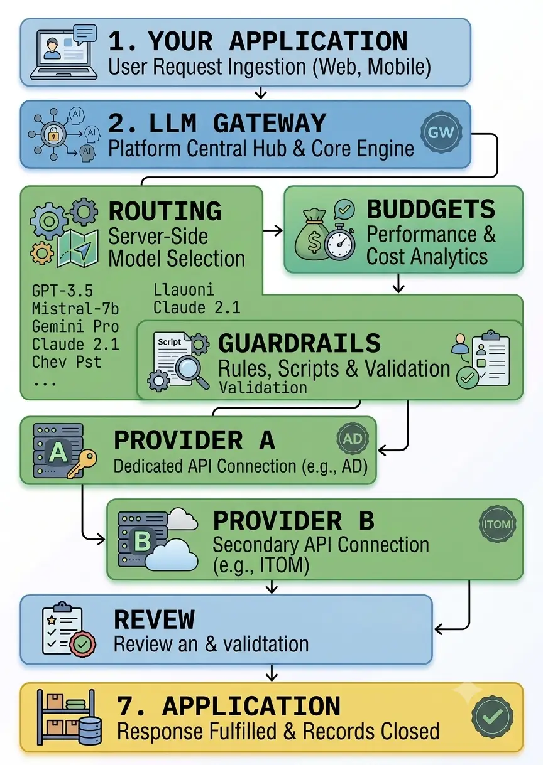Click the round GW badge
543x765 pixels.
pos(441,132)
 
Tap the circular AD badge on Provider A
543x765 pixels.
pos(353,439)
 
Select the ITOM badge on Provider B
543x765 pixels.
pos(498,524)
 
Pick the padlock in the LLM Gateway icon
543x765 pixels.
pos(53,136)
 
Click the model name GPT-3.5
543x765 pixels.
pos(62,291)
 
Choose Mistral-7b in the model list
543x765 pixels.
pos(75,309)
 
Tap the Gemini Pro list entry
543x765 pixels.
pos(75,326)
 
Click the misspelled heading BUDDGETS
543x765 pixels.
pos(431,209)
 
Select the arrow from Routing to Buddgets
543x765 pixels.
pos(273,231)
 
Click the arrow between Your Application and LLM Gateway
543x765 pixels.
pos(261,92)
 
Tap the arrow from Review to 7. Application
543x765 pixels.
pos(271,673)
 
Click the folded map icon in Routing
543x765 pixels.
pos(78,248)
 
